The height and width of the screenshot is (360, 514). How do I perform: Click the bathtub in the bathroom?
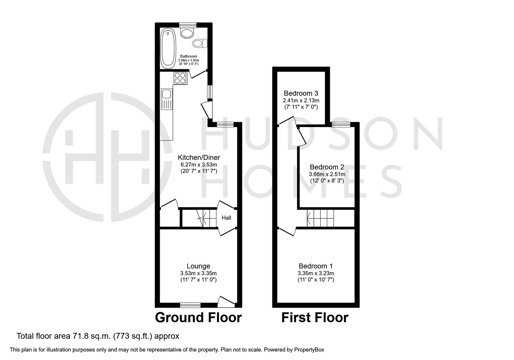168,47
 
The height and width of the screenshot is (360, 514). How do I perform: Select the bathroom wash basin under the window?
187,33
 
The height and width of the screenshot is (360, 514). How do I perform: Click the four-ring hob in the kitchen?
180,78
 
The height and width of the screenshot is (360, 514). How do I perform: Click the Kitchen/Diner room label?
199,157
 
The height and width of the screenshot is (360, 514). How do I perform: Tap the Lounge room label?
198,266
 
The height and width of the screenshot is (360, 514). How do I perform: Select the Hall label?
226,218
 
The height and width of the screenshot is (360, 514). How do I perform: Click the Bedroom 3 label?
301,93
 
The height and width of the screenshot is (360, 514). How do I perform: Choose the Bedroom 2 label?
327,167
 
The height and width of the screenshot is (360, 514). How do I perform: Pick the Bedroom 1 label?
316,266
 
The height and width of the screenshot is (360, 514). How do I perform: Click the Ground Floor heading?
198,318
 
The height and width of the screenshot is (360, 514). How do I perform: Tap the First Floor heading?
315,318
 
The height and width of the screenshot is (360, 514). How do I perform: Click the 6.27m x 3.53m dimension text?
199,165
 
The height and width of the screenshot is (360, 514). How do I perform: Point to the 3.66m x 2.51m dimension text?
327,174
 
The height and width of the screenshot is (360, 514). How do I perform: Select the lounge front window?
190,305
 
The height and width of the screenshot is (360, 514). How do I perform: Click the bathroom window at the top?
188,25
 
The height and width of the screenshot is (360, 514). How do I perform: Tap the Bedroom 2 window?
341,125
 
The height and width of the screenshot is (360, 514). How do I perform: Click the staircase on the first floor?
320,218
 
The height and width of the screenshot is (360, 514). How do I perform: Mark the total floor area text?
98,336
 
